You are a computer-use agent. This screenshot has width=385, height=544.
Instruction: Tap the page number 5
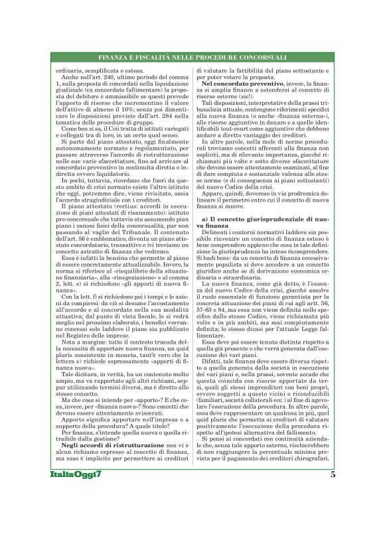pos(332,513)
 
